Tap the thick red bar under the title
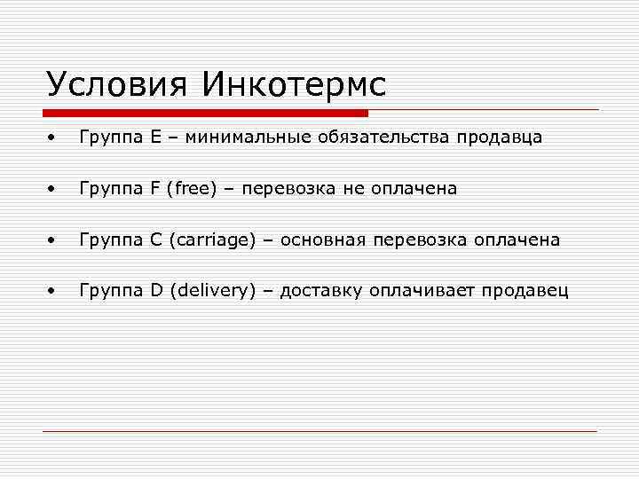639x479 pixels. point(205,114)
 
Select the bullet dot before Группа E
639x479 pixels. point(54,138)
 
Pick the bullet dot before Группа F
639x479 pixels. point(54,189)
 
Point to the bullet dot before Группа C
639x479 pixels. point(54,239)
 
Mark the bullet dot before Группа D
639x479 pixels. point(54,290)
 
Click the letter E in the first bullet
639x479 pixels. point(156,137)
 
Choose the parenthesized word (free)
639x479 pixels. point(196,189)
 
